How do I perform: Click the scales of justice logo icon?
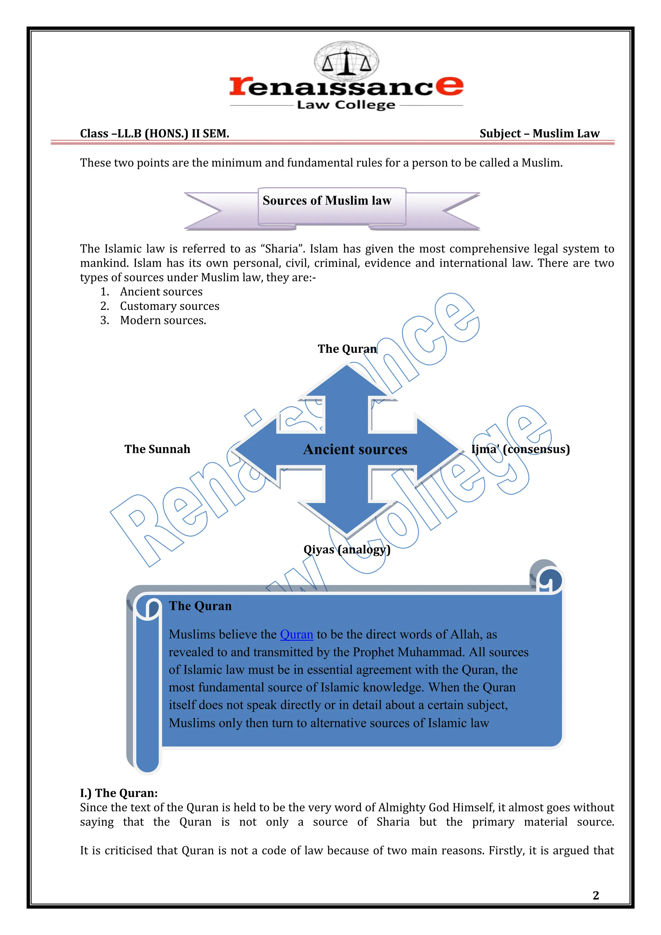346,61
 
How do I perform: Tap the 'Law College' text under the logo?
346,105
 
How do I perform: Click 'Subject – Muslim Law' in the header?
539,134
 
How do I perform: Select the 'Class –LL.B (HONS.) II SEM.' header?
155,134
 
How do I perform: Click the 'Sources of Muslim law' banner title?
327,200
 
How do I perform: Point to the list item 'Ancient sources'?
161,292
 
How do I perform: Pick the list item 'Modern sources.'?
163,321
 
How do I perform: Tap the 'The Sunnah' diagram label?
157,449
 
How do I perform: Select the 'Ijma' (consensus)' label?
521,449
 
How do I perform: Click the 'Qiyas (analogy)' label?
347,550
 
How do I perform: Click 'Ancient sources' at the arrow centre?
355,449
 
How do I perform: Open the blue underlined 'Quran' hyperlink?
296,634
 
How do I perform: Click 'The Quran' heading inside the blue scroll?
200,606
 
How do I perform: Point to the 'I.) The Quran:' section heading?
119,793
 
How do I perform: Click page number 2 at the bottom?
596,896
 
